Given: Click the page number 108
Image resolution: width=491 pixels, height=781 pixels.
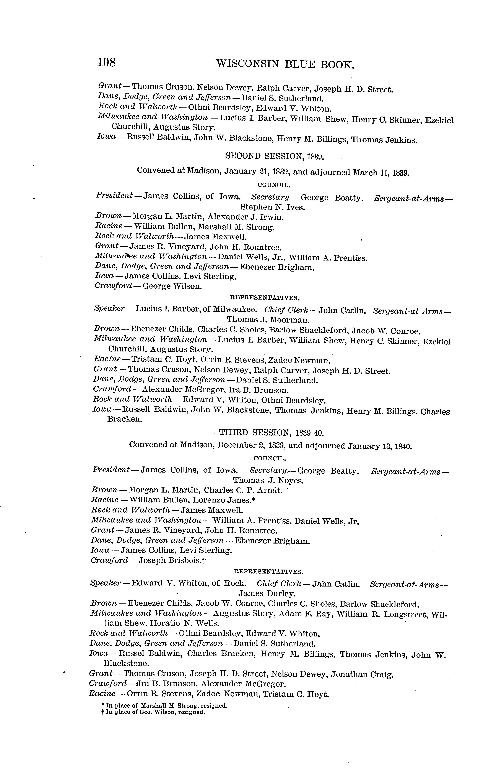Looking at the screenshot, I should click(106, 62).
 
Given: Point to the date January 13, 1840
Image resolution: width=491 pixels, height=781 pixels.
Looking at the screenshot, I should click(379, 447).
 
